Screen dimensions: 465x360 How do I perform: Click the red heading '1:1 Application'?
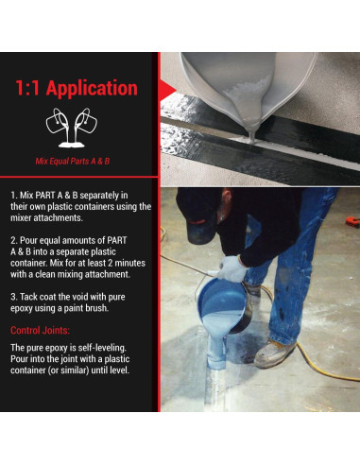77,89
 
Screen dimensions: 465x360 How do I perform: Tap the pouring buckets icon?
77,129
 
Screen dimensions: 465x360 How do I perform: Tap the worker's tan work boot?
275,353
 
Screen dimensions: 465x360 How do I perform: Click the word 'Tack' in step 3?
33,295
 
